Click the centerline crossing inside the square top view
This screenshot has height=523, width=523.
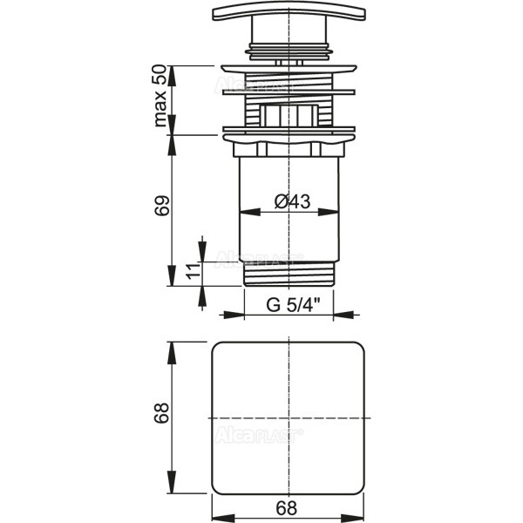286,418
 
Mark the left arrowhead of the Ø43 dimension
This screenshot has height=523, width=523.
245,212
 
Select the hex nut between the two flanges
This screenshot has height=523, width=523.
286,114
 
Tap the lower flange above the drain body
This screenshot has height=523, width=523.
286,132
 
